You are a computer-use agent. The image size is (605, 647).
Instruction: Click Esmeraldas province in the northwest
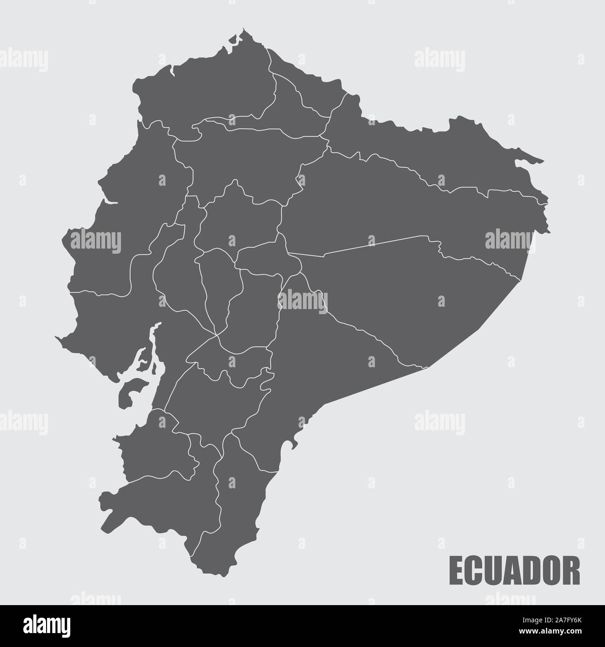(x=209, y=93)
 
